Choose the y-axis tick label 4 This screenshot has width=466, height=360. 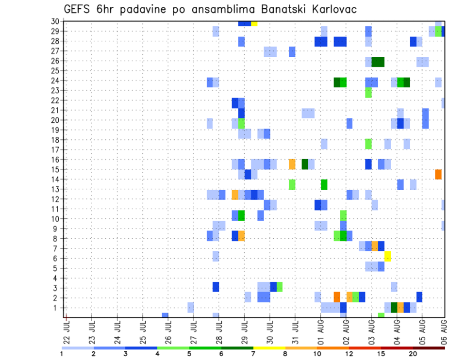coord(56,278)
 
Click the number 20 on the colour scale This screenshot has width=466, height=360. coord(413,353)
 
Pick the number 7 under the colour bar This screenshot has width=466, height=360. coord(253,353)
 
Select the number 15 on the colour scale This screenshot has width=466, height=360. coord(382,353)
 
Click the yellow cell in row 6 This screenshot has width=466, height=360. coord(387,256)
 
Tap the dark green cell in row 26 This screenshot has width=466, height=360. coord(378,62)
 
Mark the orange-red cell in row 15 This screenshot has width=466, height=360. coord(438,174)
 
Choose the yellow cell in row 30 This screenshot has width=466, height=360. coord(254,23)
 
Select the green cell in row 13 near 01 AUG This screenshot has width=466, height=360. coord(324,184)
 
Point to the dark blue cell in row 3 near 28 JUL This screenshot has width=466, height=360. coord(216,287)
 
